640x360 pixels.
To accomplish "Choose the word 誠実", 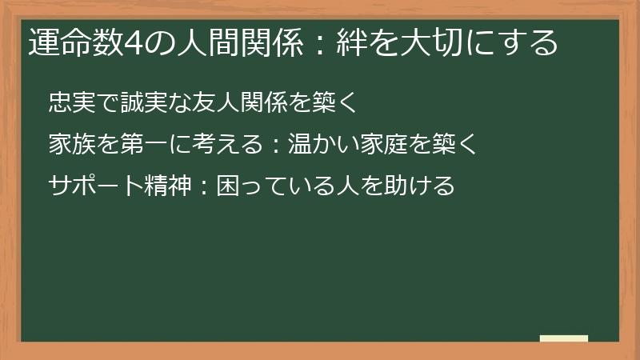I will point(140,102).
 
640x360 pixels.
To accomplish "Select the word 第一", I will point(140,145).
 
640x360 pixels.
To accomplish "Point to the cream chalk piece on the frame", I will point(564,339).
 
